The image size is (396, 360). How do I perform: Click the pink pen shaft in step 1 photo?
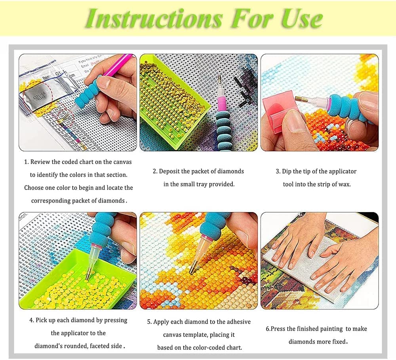pos(119,63)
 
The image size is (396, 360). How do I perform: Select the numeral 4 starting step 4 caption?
pos(31,320)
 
